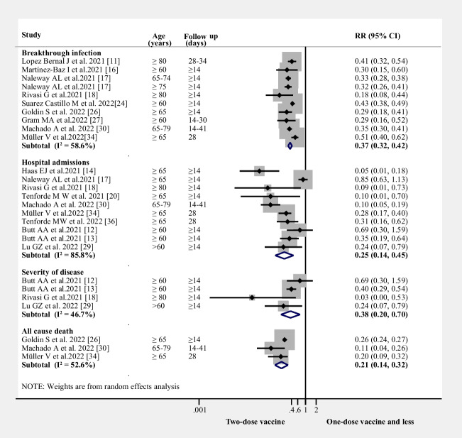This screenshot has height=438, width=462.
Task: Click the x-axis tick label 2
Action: click(x=316, y=410)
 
